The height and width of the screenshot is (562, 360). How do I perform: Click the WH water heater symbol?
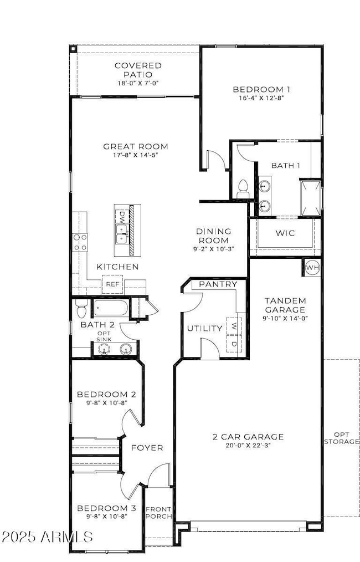[312, 268]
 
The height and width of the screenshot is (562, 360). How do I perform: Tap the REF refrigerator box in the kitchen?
[112, 285]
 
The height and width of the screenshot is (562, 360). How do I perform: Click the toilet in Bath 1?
[242, 188]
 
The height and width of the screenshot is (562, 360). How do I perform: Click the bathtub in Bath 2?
[111, 308]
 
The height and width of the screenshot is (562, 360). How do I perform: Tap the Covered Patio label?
[134, 70]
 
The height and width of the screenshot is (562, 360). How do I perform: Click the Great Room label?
[135, 147]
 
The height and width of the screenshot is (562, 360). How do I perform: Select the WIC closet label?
[285, 233]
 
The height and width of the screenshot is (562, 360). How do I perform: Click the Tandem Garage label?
[285, 304]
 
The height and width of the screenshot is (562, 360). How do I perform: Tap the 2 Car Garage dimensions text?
[248, 445]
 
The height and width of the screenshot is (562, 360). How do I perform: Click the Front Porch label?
[158, 513]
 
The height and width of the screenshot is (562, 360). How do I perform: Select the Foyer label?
[147, 448]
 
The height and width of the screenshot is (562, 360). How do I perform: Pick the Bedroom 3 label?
[106, 508]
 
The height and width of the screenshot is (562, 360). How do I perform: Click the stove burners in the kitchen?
[80, 242]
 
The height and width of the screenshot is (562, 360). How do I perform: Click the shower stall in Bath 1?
[310, 197]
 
